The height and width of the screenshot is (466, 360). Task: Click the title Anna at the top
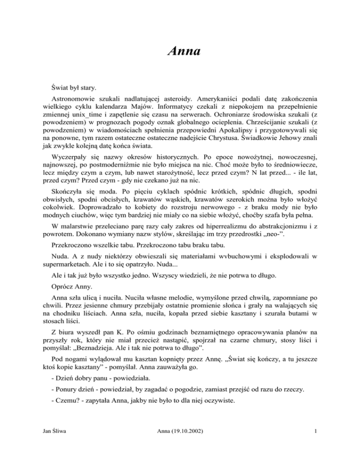pos(180,49)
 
